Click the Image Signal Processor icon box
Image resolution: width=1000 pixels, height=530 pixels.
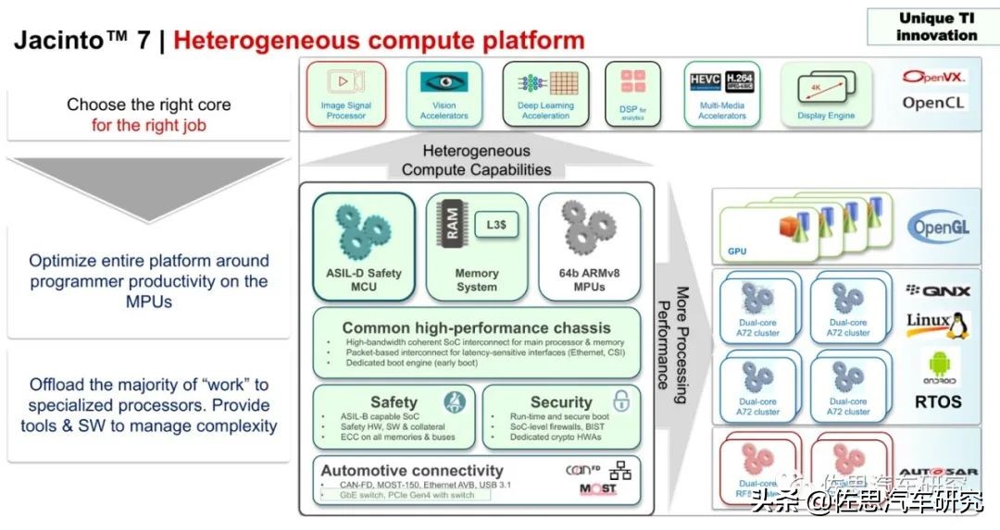click(344, 92)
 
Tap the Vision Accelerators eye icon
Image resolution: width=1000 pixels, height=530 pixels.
click(444, 82)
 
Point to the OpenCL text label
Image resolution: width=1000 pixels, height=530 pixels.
click(932, 103)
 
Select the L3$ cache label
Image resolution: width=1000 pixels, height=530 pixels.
click(496, 225)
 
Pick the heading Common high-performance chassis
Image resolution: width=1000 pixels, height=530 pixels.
click(476, 327)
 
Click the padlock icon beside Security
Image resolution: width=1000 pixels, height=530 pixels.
click(622, 401)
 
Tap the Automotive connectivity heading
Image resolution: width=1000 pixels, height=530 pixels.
click(412, 471)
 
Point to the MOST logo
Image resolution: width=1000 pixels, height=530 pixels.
click(597, 488)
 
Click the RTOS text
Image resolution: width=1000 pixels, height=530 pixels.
click(937, 401)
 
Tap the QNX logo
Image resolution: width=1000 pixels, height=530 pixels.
click(937, 290)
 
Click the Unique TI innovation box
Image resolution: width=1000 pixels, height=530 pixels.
click(936, 27)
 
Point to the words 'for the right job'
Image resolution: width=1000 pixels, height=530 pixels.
click(149, 125)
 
